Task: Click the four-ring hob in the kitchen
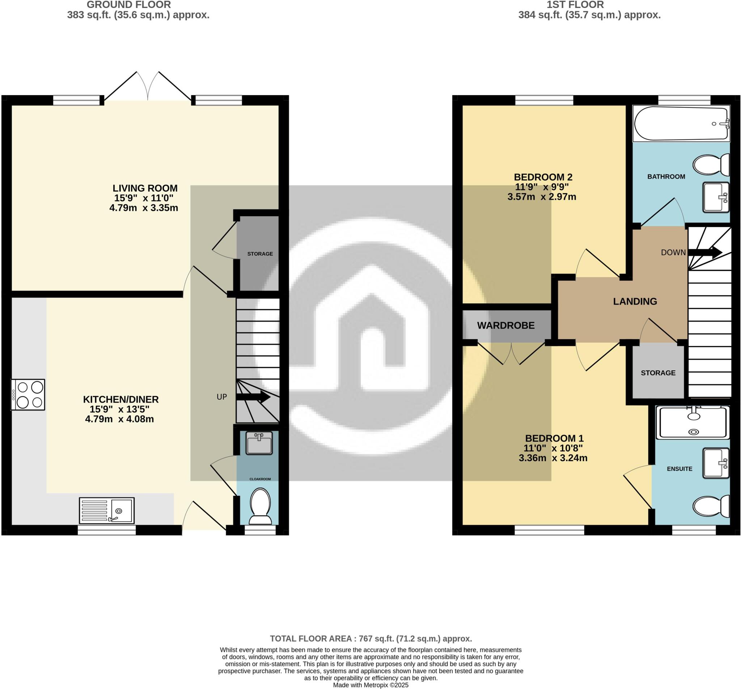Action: click(x=28, y=395)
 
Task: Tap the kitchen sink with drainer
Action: click(x=107, y=510)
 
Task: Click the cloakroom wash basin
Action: click(x=259, y=443)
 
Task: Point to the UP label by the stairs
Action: click(x=222, y=397)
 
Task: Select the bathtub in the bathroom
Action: click(x=681, y=123)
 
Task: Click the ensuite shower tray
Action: click(x=693, y=422)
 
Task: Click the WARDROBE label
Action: click(x=506, y=325)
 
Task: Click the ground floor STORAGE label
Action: click(x=260, y=254)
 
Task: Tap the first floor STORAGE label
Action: click(x=658, y=373)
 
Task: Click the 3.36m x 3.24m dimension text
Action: click(x=553, y=458)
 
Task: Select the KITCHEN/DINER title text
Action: click(x=121, y=399)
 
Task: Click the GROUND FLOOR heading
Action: click(x=128, y=5)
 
